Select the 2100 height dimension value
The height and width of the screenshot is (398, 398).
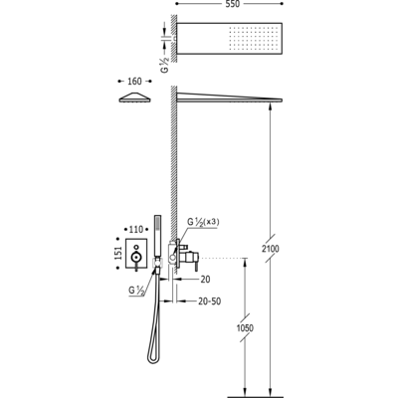click(x=271, y=249)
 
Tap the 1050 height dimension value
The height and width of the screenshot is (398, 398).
click(x=245, y=328)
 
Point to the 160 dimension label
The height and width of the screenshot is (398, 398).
click(x=134, y=81)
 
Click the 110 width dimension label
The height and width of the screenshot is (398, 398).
click(x=136, y=229)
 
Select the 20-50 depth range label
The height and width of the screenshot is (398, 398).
click(x=210, y=301)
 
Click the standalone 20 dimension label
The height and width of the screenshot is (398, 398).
click(x=205, y=280)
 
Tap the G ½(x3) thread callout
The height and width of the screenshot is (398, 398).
click(x=203, y=222)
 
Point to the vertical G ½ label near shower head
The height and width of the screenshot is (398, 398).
click(x=165, y=65)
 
